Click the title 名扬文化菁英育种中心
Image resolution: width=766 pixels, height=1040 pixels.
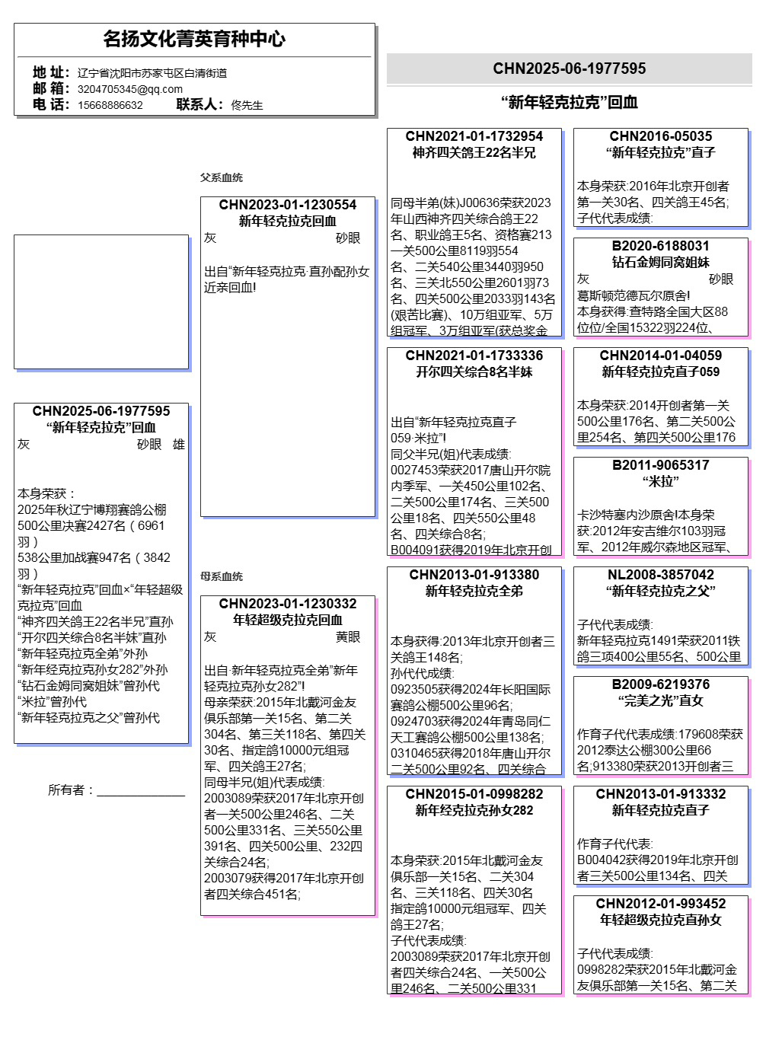pyautogui.click(x=194, y=39)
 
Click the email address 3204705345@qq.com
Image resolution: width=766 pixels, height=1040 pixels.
pyautogui.click(x=129, y=89)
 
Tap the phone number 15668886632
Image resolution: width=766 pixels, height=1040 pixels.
pyautogui.click(x=110, y=105)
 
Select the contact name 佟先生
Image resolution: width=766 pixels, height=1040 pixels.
pyautogui.click(x=247, y=105)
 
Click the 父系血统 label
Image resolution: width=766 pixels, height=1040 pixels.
pyautogui.click(x=222, y=177)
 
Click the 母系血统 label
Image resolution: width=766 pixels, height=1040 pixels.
pyautogui.click(x=222, y=576)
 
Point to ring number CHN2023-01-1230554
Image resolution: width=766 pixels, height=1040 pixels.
pyautogui.click(x=288, y=205)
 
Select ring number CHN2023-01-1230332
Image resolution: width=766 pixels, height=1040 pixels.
pyautogui.click(x=288, y=604)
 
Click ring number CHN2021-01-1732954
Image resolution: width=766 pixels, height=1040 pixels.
pyautogui.click(x=474, y=136)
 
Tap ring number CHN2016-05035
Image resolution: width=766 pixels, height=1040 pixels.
pyautogui.click(x=661, y=136)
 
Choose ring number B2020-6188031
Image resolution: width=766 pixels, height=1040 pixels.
pyautogui.click(x=661, y=246)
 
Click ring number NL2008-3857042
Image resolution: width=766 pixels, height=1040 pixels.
pyautogui.click(x=661, y=575)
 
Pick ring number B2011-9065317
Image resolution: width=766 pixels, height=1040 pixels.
pyautogui.click(x=661, y=465)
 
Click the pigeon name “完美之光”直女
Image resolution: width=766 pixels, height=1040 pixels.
pyautogui.click(x=661, y=700)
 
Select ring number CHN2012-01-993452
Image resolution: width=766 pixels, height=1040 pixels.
pyautogui.click(x=661, y=904)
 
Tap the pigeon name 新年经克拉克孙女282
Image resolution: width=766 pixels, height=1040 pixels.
pyautogui.click(x=474, y=810)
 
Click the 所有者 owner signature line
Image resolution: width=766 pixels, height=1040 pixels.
pyautogui.click(x=141, y=792)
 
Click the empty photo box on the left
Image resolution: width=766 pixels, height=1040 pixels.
pyautogui.click(x=101, y=301)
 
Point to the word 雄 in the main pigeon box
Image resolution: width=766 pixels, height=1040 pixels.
pyautogui.click(x=179, y=445)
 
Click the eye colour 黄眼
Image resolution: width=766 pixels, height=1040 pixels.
pyautogui.click(x=348, y=637)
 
